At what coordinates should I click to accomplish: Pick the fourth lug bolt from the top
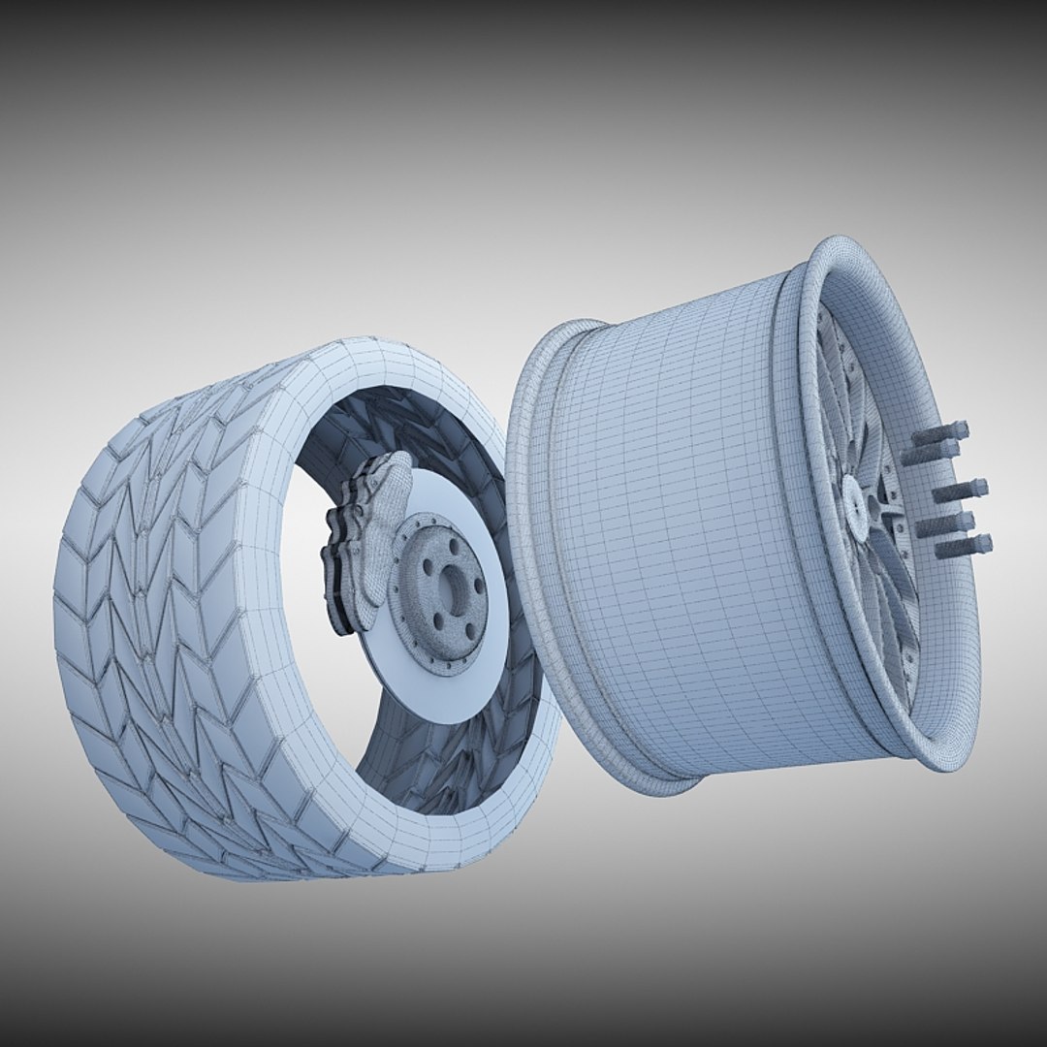pos(945,524)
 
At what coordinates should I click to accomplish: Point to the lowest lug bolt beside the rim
pos(963,546)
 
